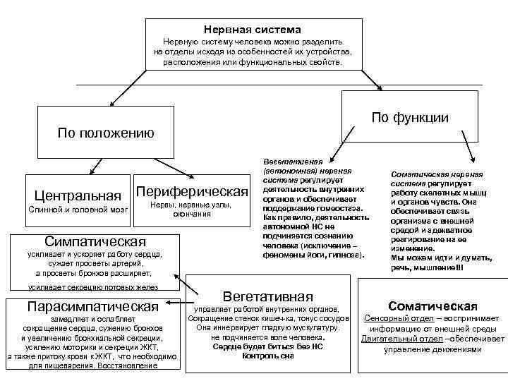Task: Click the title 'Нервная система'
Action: point(253,30)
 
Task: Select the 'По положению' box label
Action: point(105,133)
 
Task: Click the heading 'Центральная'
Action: point(77,193)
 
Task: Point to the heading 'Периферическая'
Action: point(192,192)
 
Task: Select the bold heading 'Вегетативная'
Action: point(267,296)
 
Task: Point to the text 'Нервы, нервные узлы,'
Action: point(191,205)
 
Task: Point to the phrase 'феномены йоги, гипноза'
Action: point(310,254)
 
